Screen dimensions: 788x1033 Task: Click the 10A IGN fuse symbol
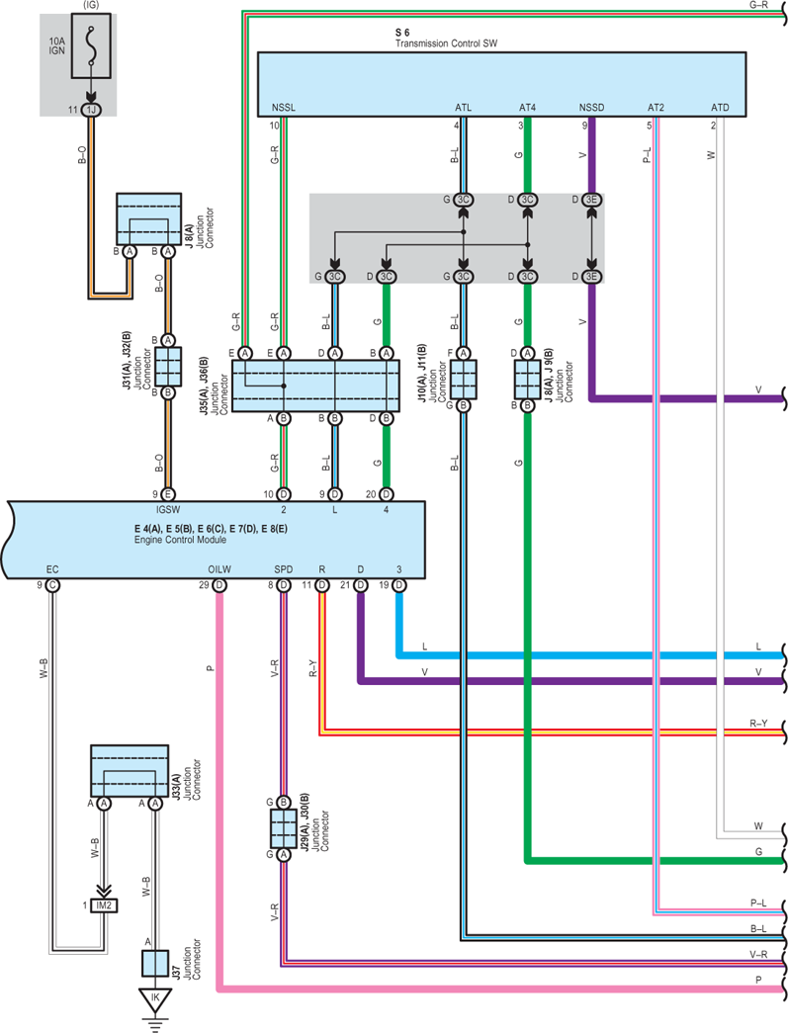91,45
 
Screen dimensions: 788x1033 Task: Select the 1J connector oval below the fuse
91,110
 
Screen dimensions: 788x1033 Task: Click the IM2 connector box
104,905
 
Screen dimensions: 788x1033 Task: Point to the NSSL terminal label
284,108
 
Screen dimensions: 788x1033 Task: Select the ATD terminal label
720,108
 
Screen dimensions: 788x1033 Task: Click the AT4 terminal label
527,108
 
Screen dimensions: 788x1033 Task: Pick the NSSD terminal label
591,108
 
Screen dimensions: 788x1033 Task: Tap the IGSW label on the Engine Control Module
168,509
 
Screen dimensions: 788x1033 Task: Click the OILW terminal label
219,569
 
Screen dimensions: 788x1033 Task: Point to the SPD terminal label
284,569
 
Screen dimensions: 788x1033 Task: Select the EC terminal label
52,569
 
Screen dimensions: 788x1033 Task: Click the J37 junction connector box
155,963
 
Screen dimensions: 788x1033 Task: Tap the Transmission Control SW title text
446,43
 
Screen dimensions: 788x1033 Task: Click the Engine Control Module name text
181,540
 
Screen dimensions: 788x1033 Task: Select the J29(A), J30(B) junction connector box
284,828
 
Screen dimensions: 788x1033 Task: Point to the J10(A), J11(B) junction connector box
463,380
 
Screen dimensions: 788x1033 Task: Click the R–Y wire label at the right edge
758,724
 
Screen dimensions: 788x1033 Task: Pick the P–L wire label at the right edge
758,904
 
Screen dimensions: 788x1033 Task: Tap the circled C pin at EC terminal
52,585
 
